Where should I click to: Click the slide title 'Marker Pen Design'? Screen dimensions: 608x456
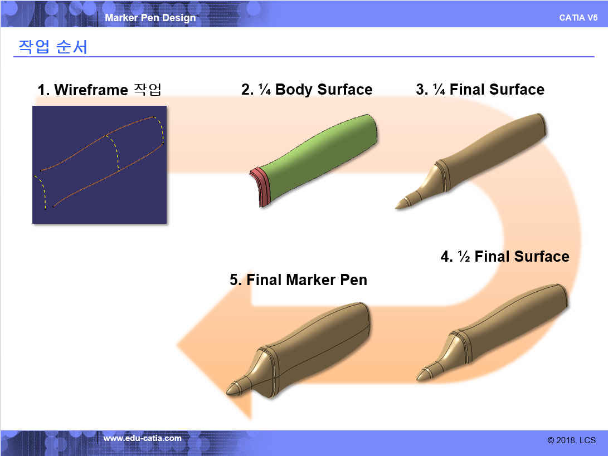[150, 18]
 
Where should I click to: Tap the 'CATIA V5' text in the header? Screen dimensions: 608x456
[578, 18]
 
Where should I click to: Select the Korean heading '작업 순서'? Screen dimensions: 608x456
[53, 47]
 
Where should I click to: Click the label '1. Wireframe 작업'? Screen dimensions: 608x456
[99, 90]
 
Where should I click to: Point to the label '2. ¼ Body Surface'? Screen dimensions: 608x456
[307, 90]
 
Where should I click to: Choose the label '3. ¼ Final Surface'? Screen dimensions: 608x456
[480, 90]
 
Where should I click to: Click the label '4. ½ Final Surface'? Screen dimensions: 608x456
[505, 257]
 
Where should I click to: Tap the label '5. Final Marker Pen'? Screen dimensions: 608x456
[298, 280]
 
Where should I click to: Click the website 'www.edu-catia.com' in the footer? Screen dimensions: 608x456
[142, 438]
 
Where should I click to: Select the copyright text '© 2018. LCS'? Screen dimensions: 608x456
[572, 440]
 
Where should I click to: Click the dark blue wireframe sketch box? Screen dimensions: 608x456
[100, 165]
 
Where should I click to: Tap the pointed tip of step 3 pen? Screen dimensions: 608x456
[396, 207]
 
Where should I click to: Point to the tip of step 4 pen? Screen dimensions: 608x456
[417, 379]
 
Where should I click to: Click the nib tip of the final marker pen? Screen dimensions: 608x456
[227, 392]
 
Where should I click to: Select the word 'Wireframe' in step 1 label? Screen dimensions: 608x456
[91, 90]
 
